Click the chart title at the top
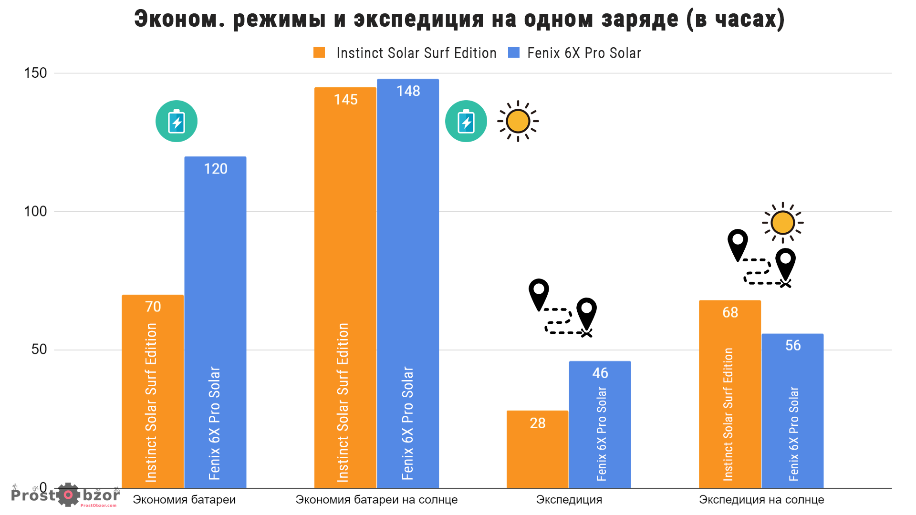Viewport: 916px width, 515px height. pyautogui.click(x=459, y=19)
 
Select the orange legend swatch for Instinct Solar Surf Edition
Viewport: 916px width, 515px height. pyautogui.click(x=319, y=52)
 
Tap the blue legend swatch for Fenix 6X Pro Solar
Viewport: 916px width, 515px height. pyautogui.click(x=514, y=52)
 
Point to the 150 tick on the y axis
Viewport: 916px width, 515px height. pyautogui.click(x=35, y=73)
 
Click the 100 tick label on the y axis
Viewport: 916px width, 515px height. pyautogui.click(x=35, y=211)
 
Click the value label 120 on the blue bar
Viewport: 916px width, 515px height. pyautogui.click(x=216, y=169)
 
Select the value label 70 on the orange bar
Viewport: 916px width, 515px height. pyautogui.click(x=153, y=307)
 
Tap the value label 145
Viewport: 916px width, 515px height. pyautogui.click(x=345, y=100)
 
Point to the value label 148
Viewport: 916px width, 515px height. pyautogui.click(x=408, y=91)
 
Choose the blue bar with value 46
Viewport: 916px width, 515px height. pyautogui.click(x=600, y=424)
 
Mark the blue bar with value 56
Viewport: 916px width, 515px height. pyautogui.click(x=792, y=411)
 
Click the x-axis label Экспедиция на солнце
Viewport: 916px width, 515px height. pyautogui.click(x=761, y=500)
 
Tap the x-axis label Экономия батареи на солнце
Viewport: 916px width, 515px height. pyautogui.click(x=376, y=500)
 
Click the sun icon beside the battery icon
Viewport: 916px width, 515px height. pyautogui.click(x=518, y=121)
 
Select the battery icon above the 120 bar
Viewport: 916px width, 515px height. pyautogui.click(x=177, y=121)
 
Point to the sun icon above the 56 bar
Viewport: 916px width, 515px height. pyautogui.click(x=782, y=222)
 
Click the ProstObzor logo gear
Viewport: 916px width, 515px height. pyautogui.click(x=68, y=495)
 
